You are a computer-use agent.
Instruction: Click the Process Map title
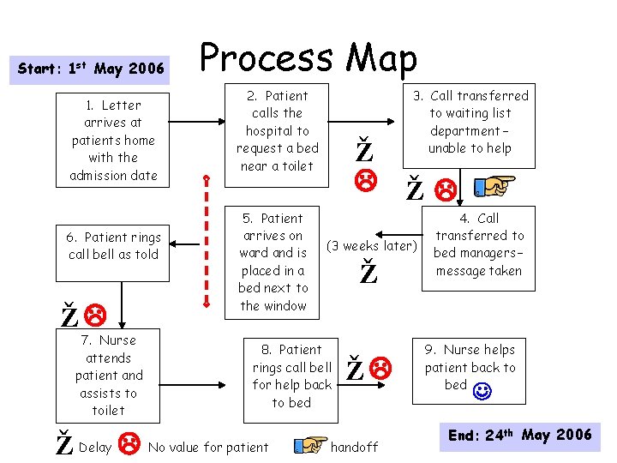(x=308, y=57)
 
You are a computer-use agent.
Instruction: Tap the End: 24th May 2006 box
(x=520, y=436)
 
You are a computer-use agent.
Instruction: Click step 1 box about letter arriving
(x=113, y=140)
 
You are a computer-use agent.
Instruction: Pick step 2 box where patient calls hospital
(x=277, y=130)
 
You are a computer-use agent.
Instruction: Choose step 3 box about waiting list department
(x=478, y=122)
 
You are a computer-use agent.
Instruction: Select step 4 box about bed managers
(x=479, y=244)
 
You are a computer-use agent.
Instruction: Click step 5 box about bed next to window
(x=273, y=262)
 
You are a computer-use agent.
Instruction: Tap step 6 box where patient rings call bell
(x=114, y=245)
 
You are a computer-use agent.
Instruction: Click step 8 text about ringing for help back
(x=291, y=376)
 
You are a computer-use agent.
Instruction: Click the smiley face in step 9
(x=482, y=392)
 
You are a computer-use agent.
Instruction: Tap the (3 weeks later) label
(x=372, y=247)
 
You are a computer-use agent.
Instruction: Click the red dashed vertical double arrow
(x=206, y=240)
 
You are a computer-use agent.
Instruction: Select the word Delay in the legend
(x=94, y=447)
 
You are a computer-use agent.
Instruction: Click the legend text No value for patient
(x=207, y=447)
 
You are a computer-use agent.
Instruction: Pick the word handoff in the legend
(x=354, y=447)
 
